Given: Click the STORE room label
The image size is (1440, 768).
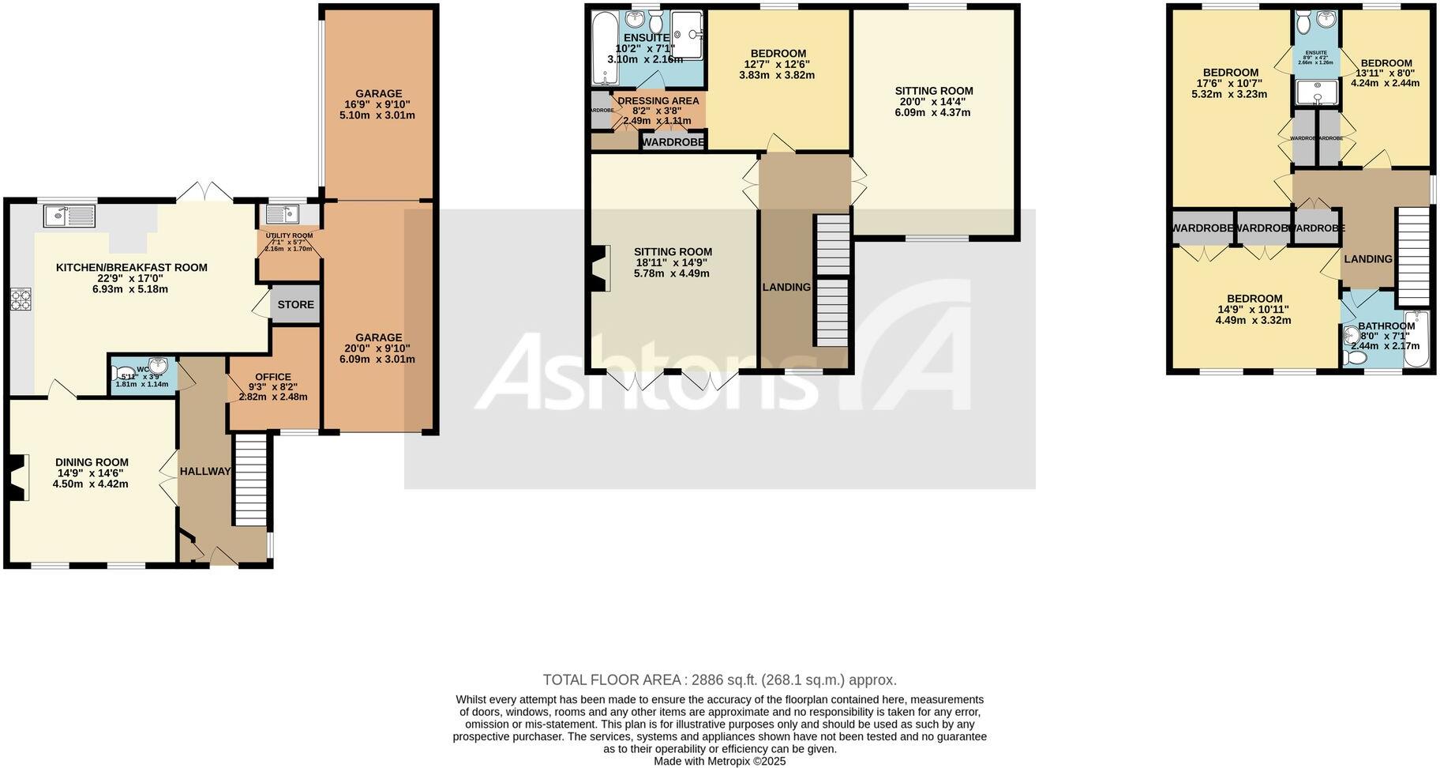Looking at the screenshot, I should click(295, 304).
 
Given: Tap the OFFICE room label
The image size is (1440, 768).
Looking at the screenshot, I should click(273, 377).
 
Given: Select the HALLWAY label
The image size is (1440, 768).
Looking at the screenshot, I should click(205, 471).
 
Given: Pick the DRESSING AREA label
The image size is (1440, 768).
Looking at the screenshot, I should click(658, 100).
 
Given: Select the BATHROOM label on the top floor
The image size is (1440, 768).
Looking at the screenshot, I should click(1386, 326).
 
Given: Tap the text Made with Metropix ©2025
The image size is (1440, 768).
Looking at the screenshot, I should click(719, 762).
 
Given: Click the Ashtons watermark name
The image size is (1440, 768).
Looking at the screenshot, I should click(647, 371).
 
